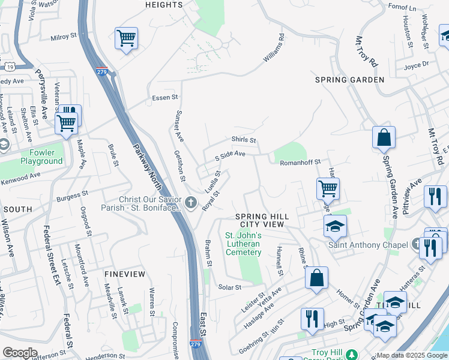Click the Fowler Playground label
pyautogui.click(x=41, y=157)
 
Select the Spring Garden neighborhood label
pyautogui.click(x=350, y=80)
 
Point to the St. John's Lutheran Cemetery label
pyautogui.click(x=243, y=244)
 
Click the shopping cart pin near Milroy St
pyautogui.click(x=126, y=39)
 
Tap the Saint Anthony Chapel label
pyautogui.click(x=363, y=245)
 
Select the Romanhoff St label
pyautogui.click(x=302, y=162)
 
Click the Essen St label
pyautogui.click(x=165, y=97)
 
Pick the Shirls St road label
pyautogui.click(x=244, y=140)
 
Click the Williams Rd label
pyautogui.click(x=273, y=49)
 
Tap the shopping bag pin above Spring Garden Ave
pyautogui.click(x=384, y=138)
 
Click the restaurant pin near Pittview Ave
pyautogui.click(x=435, y=197)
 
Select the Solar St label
pyautogui.click(x=229, y=287)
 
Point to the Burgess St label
pyautogui.click(x=72, y=196)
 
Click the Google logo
pyautogui.click(x=20, y=353)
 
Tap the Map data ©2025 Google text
pyautogui.click(x=411, y=355)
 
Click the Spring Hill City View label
pyautogui.click(x=262, y=220)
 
